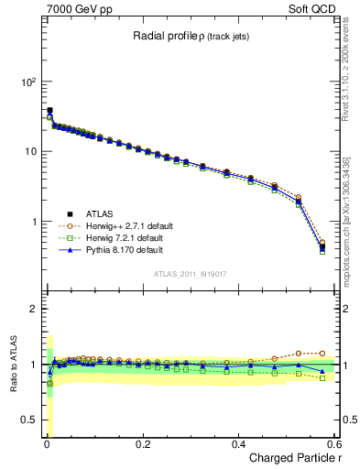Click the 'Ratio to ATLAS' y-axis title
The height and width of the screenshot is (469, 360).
click(14, 363)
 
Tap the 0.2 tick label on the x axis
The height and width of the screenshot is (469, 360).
click(142, 443)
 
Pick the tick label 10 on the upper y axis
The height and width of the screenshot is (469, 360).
click(28, 151)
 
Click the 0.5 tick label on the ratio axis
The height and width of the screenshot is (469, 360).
click(28, 420)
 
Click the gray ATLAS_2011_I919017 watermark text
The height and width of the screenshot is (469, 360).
click(188, 274)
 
